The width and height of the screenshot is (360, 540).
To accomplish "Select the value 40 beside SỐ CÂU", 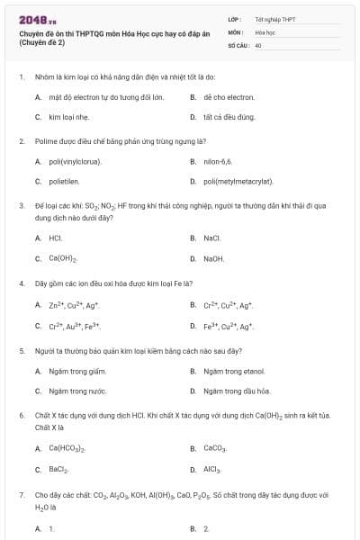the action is tap(258, 43).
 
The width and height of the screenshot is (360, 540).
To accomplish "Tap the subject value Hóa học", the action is tap(265, 31).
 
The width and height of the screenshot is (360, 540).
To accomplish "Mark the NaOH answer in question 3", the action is tap(214, 259).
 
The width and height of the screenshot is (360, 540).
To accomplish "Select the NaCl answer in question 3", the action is tap(212, 238).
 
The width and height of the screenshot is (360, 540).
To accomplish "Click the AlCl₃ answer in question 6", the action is tap(212, 469).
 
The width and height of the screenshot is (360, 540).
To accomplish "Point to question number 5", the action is tap(21, 349).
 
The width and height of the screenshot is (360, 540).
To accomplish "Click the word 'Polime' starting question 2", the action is tap(44, 140).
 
